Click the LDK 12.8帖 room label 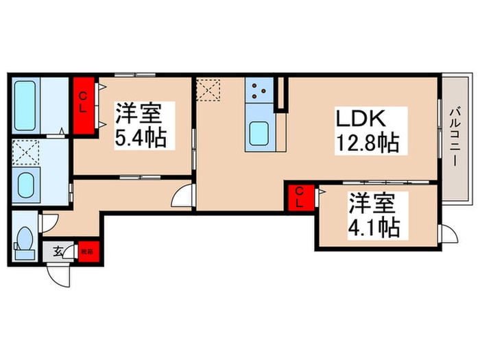(367, 131)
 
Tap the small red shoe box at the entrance (88, 251)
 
